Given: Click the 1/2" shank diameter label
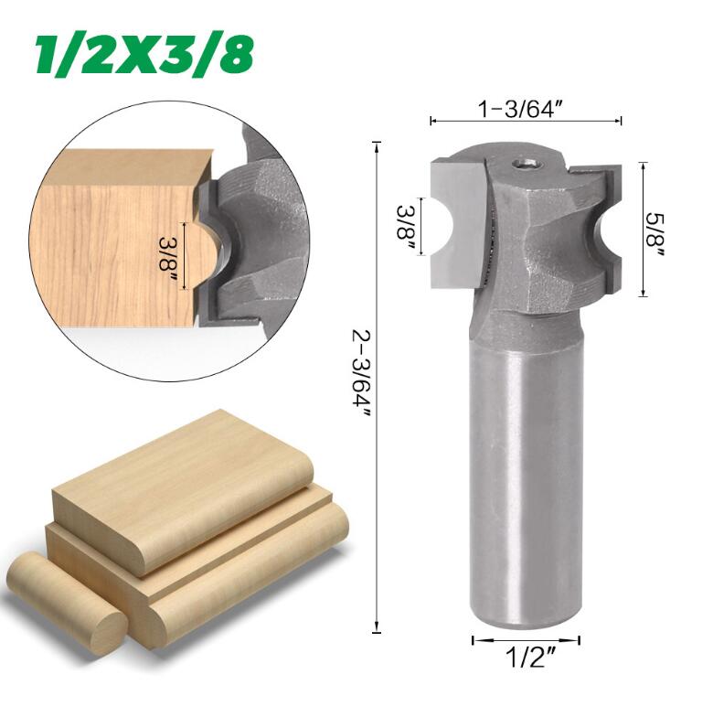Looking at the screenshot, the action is (x=527, y=658).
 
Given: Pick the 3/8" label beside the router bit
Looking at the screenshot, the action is (x=406, y=228).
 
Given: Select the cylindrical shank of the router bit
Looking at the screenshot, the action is (x=526, y=476).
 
